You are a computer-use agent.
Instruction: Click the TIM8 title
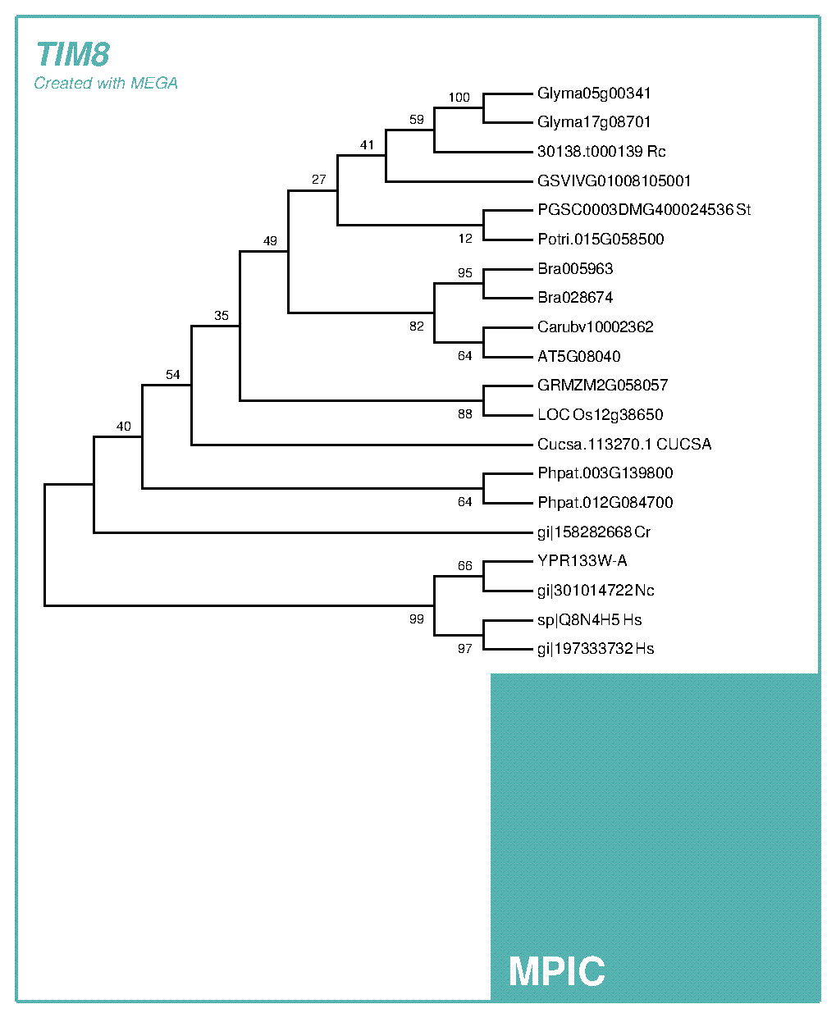(x=73, y=55)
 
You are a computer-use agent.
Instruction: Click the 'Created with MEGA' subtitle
(x=106, y=83)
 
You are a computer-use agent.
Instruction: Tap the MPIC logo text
(x=557, y=971)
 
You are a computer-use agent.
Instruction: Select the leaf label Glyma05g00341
(x=594, y=94)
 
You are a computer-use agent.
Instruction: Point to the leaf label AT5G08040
(x=578, y=356)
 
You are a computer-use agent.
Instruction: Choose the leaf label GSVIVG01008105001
(x=614, y=180)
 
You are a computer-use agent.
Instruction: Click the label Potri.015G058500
(x=601, y=240)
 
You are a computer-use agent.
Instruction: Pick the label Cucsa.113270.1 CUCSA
(x=624, y=444)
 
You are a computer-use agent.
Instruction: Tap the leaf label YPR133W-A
(x=582, y=561)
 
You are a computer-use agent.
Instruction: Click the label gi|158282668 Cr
(x=594, y=532)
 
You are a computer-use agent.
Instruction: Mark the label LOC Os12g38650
(x=601, y=414)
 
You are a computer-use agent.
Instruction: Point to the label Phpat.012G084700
(x=605, y=502)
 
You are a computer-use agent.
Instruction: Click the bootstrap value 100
(x=459, y=98)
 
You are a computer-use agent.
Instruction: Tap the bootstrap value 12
(x=465, y=239)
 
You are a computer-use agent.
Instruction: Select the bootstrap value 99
(x=417, y=619)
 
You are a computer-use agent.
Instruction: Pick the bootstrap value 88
(x=465, y=414)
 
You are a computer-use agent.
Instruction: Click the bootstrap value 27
(x=318, y=180)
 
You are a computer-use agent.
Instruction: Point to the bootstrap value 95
(x=465, y=273)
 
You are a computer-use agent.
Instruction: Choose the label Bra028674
(x=575, y=298)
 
